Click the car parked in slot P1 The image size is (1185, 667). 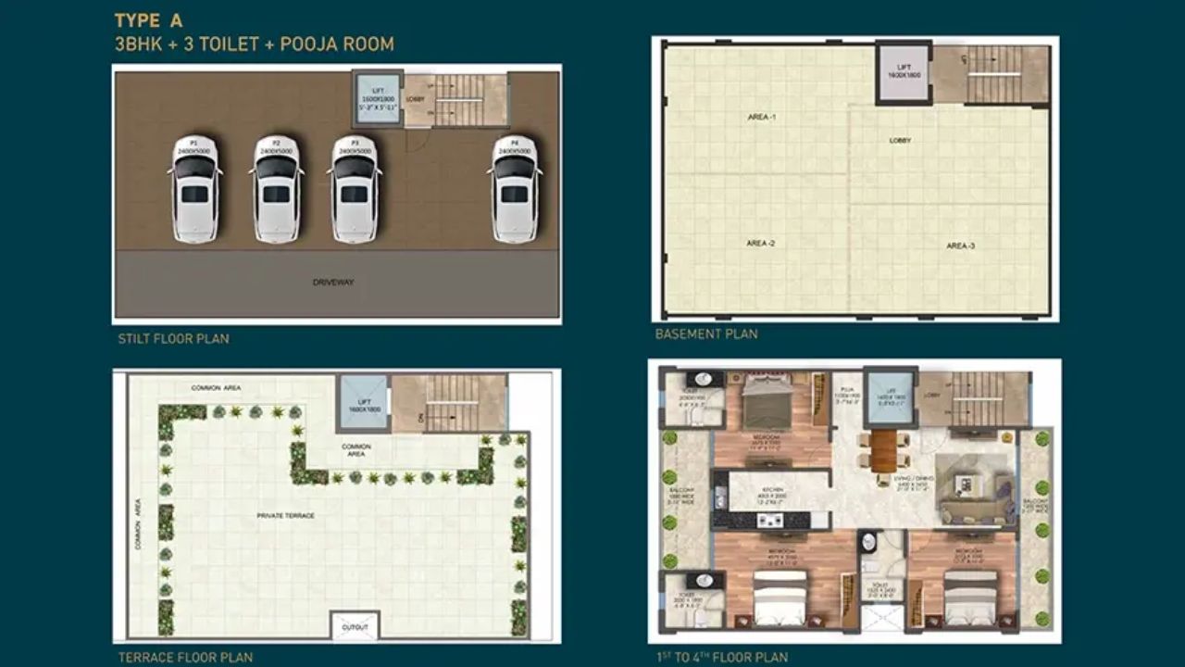point(194,190)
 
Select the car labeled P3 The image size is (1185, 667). point(355,190)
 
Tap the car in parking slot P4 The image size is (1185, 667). point(515,190)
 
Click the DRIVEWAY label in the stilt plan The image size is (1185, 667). point(333,282)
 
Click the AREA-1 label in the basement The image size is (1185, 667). point(761,117)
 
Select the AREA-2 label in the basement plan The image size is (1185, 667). point(760,243)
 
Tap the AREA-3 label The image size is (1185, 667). point(960,245)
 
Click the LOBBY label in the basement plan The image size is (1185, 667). point(900,141)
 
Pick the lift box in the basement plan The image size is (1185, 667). point(904,71)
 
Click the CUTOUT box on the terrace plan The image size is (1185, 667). point(355,626)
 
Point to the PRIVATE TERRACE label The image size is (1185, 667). point(286,515)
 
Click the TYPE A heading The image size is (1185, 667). point(149,20)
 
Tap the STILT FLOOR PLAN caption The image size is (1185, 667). point(173,339)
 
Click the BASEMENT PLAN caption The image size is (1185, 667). point(706,333)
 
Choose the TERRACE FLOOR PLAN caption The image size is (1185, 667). point(185,658)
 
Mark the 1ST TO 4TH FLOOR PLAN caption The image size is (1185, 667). point(721,658)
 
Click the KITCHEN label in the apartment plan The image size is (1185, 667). point(773,491)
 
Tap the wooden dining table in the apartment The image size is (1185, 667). point(884,451)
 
